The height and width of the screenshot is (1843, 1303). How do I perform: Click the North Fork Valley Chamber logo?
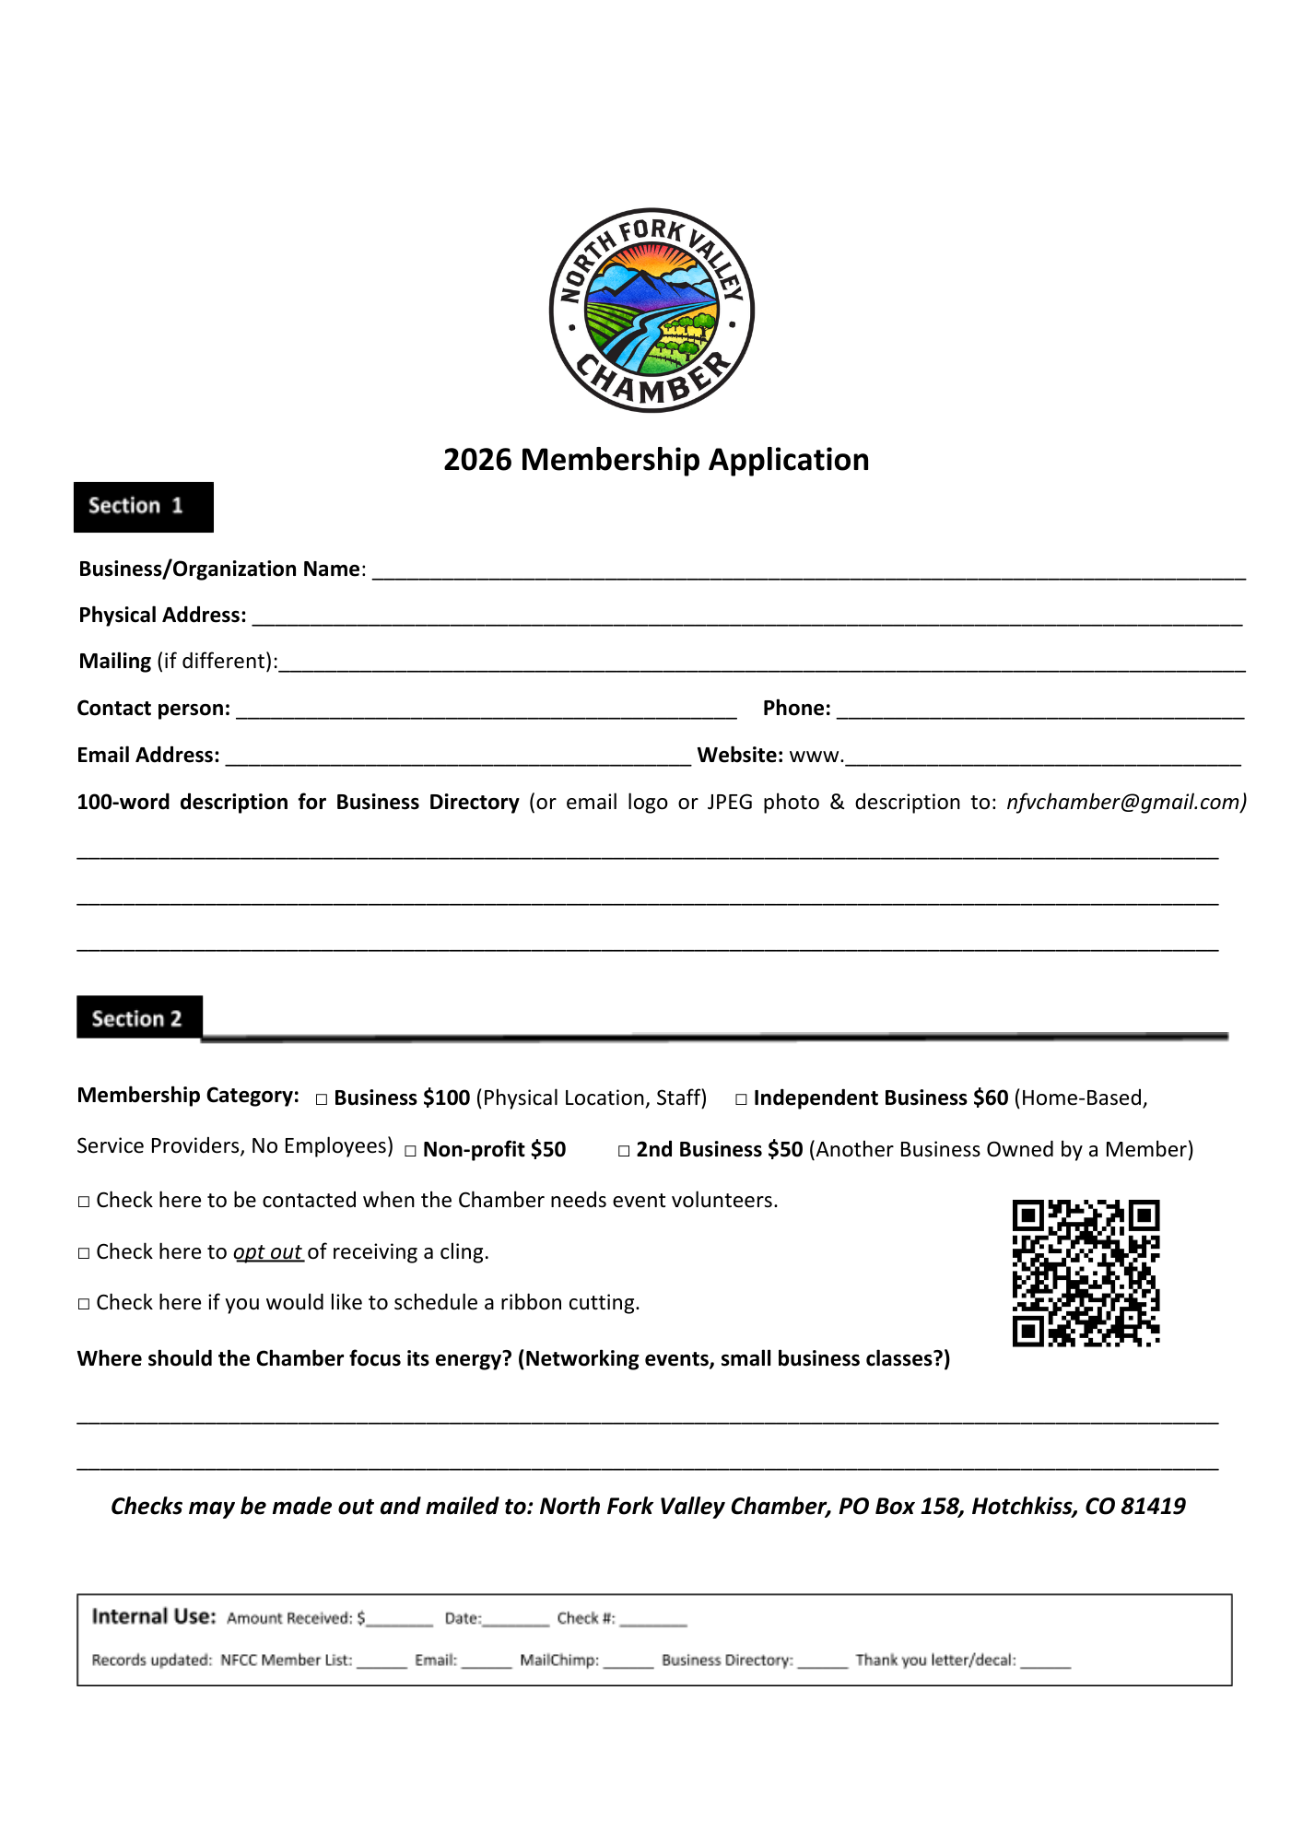(x=651, y=311)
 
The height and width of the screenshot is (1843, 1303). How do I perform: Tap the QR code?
(x=1086, y=1273)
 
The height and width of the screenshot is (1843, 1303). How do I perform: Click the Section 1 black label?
(x=144, y=507)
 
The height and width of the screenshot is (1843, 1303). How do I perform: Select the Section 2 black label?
(x=139, y=1017)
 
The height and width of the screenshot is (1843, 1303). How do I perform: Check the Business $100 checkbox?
(x=322, y=1099)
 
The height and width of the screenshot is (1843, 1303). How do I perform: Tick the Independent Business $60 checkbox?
(x=741, y=1099)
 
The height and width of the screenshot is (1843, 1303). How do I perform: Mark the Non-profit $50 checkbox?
(x=411, y=1151)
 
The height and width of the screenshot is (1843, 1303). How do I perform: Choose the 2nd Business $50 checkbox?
(x=624, y=1151)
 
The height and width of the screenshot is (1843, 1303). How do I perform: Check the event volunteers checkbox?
(x=84, y=1202)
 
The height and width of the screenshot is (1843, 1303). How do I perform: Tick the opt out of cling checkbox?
(x=84, y=1253)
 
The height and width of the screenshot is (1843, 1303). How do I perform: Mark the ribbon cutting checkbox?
(x=84, y=1304)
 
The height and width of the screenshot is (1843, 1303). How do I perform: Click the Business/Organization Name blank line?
(x=808, y=571)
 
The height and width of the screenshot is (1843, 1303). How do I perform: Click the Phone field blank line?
(x=1039, y=710)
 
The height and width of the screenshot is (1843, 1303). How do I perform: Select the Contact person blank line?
(x=486, y=710)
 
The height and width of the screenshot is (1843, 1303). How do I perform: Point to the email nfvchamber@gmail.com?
(x=1125, y=803)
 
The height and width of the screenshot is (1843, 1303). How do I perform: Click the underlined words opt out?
(x=268, y=1251)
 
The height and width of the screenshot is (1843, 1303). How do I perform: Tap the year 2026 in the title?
(x=477, y=460)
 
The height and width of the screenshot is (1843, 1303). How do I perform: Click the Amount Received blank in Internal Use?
(x=399, y=1620)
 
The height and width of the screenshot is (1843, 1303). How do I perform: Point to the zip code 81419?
(x=1153, y=1506)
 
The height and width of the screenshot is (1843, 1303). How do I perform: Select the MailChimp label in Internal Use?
(x=558, y=1661)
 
